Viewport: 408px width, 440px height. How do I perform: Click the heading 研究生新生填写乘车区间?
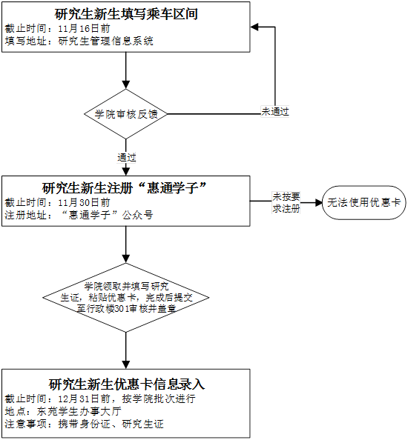(x=126, y=14)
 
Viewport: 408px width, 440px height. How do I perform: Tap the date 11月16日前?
(x=84, y=29)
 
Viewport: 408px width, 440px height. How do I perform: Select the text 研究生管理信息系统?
(x=105, y=41)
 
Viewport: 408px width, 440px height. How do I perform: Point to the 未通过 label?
(x=275, y=111)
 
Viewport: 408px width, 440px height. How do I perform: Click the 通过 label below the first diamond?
(x=127, y=158)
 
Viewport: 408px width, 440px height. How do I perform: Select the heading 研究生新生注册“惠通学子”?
(x=124, y=187)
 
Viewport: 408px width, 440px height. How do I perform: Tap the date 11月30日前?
(x=84, y=203)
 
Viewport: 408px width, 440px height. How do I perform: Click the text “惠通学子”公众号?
(x=107, y=216)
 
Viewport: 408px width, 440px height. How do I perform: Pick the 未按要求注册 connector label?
(x=286, y=203)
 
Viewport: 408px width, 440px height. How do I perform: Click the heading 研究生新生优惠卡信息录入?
(x=127, y=384)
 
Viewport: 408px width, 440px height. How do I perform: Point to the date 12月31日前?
(x=84, y=399)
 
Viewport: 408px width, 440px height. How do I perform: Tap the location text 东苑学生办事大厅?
(x=79, y=411)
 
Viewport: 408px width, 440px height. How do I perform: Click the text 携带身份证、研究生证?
(x=111, y=424)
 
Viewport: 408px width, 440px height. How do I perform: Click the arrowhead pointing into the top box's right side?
(x=254, y=27)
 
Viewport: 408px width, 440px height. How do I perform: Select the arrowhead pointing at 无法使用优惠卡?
(x=318, y=203)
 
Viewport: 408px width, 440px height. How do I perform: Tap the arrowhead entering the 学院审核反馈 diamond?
(x=126, y=85)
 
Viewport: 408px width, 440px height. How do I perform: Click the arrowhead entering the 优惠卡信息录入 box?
(x=126, y=364)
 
